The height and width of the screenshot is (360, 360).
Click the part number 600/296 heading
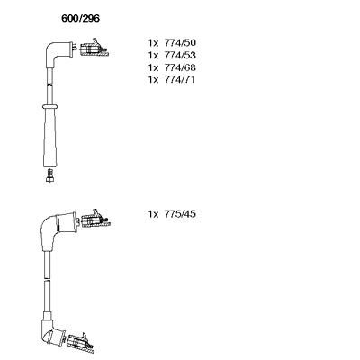click(80, 19)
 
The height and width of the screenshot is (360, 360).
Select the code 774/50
click(180, 43)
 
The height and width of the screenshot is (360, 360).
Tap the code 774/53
click(180, 55)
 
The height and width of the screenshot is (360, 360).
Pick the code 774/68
click(180, 67)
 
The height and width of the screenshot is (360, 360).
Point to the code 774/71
click(180, 80)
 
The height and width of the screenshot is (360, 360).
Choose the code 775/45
click(180, 214)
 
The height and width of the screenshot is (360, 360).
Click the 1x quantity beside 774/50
click(153, 43)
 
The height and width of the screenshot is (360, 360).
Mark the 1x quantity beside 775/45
click(153, 214)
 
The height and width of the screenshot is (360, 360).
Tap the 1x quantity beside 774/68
click(153, 67)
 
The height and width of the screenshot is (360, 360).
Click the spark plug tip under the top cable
click(49, 175)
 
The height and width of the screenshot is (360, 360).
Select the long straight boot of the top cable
click(49, 138)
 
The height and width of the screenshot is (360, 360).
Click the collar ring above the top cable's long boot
click(49, 106)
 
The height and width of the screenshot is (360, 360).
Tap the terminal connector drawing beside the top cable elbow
click(94, 48)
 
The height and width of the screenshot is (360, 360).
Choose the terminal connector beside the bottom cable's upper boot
click(95, 220)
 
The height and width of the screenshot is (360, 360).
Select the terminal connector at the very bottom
click(81, 343)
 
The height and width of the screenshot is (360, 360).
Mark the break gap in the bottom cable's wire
click(47, 279)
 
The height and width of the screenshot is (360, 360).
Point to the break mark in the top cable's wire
click(49, 85)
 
